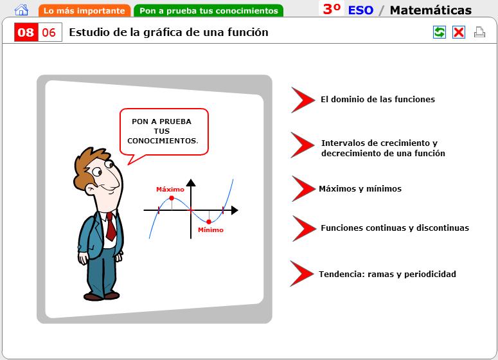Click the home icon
[21, 10]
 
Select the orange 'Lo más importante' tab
[84, 11]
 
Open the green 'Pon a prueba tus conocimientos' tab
[209, 11]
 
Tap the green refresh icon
[440, 32]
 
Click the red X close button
[459, 32]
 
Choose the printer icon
[479, 32]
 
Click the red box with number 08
[26, 32]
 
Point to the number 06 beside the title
[49, 32]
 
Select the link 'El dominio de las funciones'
[378, 100]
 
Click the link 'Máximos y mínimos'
[360, 189]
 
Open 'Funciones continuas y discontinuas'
[395, 228]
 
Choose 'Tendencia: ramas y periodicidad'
[387, 274]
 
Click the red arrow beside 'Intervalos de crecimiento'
[302, 145]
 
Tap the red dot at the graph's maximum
[172, 198]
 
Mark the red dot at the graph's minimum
[209, 222]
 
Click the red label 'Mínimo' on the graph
[211, 230]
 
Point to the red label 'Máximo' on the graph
[170, 190]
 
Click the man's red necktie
[111, 226]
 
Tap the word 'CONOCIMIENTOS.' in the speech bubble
[163, 141]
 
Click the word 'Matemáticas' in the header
[431, 10]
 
